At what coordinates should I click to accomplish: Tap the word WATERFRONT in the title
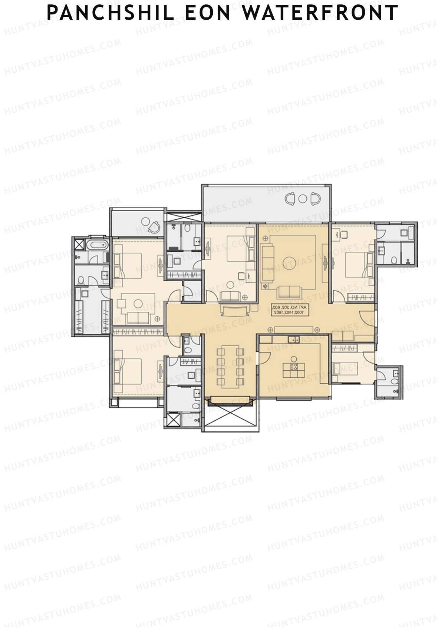coord(320,13)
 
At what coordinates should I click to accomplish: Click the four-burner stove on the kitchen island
coord(294,368)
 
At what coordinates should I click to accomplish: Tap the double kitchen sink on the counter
coord(293,339)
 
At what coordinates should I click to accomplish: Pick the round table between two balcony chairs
coord(303,198)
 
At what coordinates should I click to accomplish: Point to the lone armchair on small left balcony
coord(155,226)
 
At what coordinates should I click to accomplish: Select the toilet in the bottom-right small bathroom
coord(395,381)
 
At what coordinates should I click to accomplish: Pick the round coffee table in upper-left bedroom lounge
coord(138,303)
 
